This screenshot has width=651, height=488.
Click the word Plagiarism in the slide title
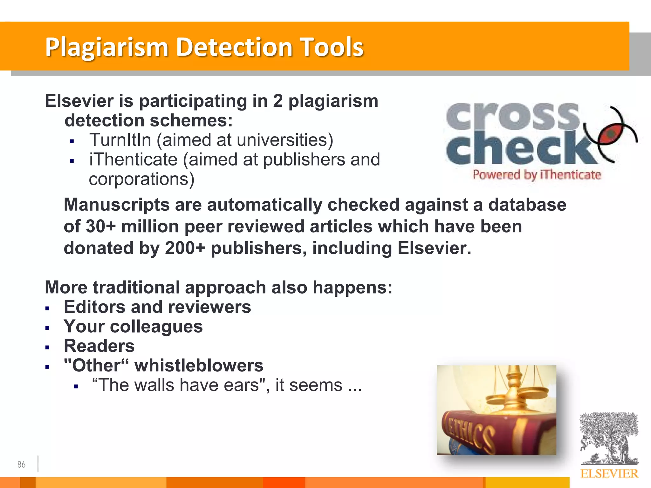click(106, 48)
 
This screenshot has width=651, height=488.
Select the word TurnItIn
click(120, 140)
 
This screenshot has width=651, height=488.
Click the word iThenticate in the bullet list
click(133, 159)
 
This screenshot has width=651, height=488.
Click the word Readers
click(99, 346)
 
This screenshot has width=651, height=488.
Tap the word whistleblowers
click(199, 365)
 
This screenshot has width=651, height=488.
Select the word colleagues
click(156, 327)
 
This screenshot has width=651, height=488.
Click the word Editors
click(94, 307)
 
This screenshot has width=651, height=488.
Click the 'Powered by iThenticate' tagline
click(537, 175)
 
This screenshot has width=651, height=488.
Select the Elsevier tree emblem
click(609, 438)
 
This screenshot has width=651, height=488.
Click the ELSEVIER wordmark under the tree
click(609, 474)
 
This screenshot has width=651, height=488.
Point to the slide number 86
click(21, 464)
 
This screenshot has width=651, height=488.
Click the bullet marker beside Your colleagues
click(47, 328)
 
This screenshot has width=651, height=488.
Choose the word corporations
click(141, 179)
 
